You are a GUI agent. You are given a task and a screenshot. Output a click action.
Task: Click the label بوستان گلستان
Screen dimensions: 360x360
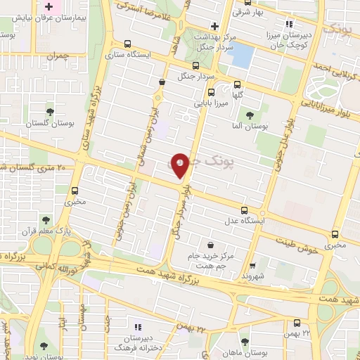pyautogui.click(x=49, y=124)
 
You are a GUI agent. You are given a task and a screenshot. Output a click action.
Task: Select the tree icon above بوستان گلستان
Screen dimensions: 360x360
pyautogui.click(x=50, y=112)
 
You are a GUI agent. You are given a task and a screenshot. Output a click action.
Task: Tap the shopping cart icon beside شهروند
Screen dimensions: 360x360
pyautogui.click(x=251, y=266)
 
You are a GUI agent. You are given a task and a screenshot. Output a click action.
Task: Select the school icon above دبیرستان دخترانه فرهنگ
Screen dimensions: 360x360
pyautogui.click(x=138, y=327)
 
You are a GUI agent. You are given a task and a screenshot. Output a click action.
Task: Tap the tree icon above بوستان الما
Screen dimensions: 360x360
pyautogui.click(x=250, y=115)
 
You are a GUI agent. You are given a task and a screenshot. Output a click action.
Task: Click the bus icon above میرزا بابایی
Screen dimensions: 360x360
pyautogui.click(x=211, y=92)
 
